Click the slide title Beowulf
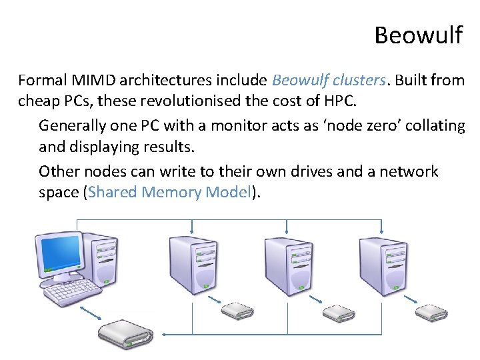click(x=418, y=35)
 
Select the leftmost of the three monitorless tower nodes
click(x=191, y=264)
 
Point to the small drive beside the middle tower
click(x=338, y=311)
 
